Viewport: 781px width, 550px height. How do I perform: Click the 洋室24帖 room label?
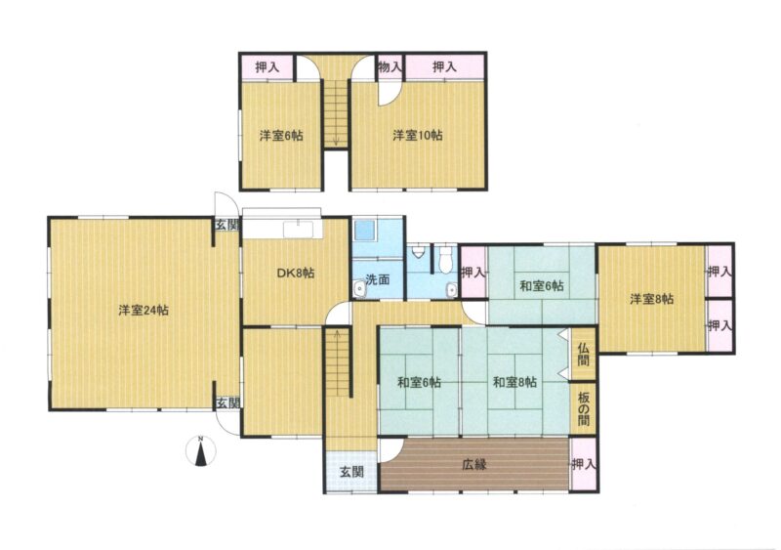(x=144, y=310)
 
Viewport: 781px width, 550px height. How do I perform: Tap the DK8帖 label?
(x=296, y=273)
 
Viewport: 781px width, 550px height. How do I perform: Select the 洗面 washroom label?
(x=377, y=279)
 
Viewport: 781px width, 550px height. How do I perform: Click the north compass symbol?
(x=200, y=450)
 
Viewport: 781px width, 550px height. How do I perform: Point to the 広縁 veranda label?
(x=473, y=464)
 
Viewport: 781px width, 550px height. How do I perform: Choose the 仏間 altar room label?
(x=583, y=354)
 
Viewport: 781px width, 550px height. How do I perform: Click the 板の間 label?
(x=583, y=409)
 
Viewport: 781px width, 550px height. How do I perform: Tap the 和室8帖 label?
(x=514, y=382)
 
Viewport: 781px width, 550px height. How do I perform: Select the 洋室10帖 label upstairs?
(x=418, y=135)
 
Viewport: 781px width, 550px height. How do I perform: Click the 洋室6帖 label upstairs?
(x=281, y=135)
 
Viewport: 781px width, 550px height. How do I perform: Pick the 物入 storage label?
(x=389, y=66)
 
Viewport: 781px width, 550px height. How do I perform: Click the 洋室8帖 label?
(x=651, y=299)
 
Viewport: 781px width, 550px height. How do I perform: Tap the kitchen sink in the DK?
(x=299, y=230)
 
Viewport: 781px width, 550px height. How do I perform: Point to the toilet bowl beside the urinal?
(x=446, y=259)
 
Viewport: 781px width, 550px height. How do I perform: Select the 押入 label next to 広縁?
(x=583, y=464)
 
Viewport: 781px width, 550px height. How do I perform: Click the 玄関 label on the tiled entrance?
(x=351, y=472)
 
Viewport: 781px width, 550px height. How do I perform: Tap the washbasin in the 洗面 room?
(x=358, y=289)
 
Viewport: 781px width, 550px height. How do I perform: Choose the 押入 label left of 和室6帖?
(x=473, y=273)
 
